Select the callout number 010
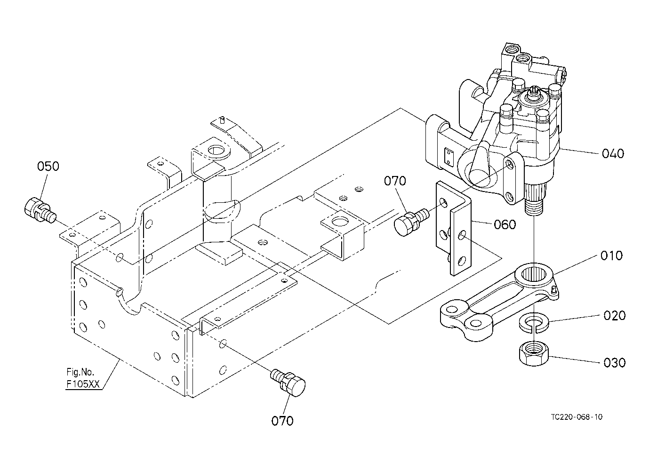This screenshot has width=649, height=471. point(611,255)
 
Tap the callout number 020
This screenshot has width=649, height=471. point(614,315)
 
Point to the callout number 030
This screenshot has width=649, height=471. point(614,363)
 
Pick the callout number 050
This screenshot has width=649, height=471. point(48,166)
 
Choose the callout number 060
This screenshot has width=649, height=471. point(505,224)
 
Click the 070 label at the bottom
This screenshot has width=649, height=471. point(282,421)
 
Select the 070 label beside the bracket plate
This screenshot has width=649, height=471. point(395,181)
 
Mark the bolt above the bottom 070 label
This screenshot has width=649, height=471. point(289,383)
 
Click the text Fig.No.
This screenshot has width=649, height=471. point(80,372)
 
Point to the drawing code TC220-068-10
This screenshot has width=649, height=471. point(577,417)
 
